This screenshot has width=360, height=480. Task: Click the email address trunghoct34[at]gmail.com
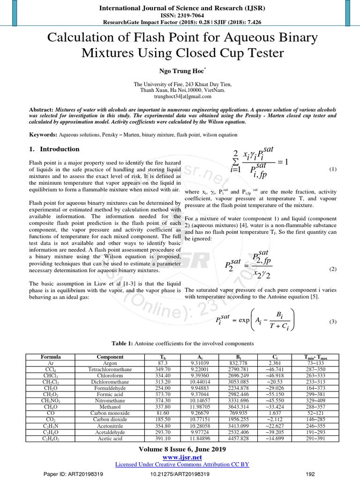coord(180,96)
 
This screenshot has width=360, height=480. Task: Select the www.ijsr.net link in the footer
coord(180,457)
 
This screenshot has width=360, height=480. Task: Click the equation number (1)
coord(333,169)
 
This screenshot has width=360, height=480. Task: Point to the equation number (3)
coord(333,322)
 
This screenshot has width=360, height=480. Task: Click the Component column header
coord(110,357)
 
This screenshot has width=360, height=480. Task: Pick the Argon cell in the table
coord(110,363)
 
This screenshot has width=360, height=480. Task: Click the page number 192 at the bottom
coord(309,474)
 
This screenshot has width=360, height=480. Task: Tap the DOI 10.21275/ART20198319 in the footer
coord(180,474)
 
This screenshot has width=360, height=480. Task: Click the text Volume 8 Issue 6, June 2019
coord(180,449)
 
